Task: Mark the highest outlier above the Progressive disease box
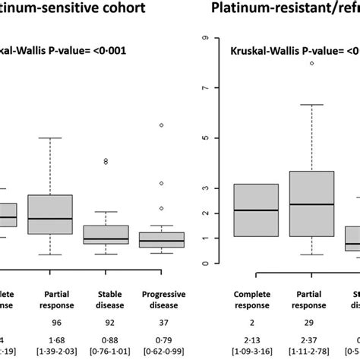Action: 160,125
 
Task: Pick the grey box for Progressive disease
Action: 160,239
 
